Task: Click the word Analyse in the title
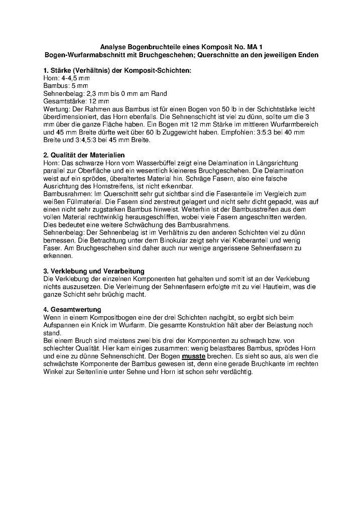pyautogui.click(x=113, y=47)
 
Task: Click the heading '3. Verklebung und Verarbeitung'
pyautogui.click(x=94, y=271)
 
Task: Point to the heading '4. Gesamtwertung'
pyautogui.click(x=72, y=310)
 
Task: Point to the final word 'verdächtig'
pyautogui.click(x=236, y=372)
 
